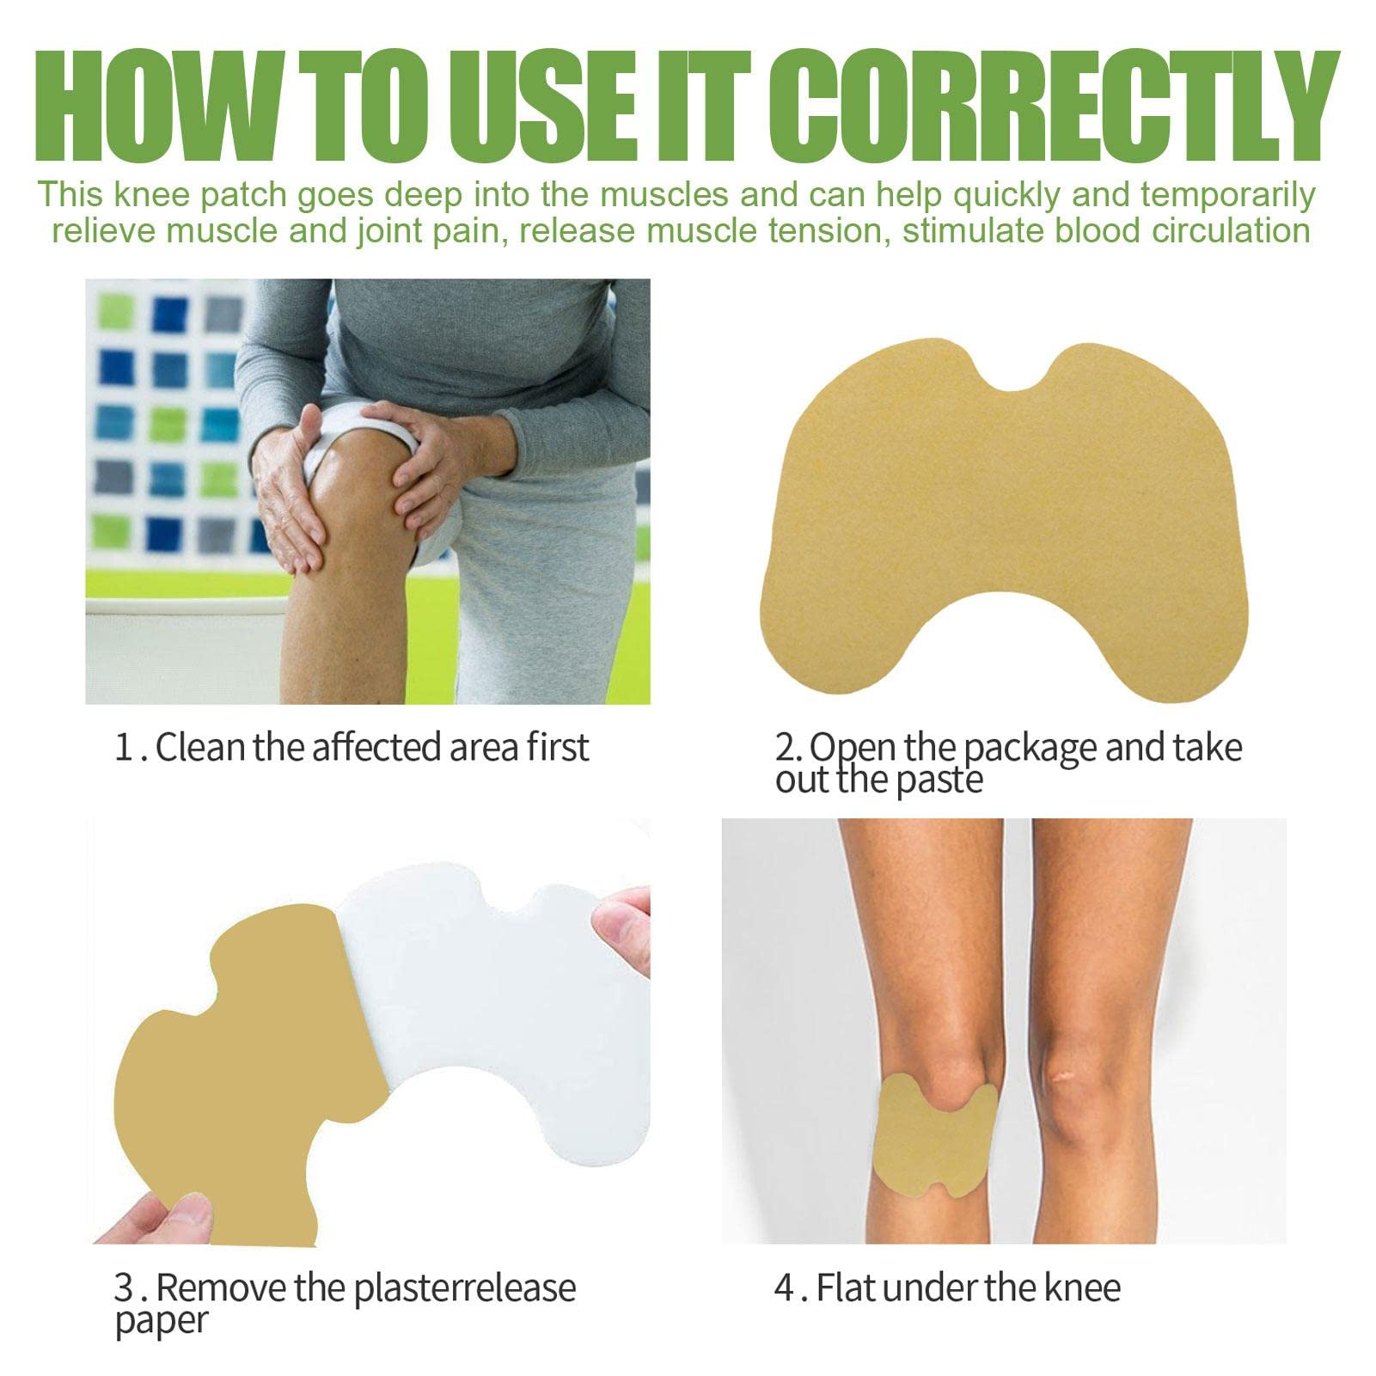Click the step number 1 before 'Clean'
[x=124, y=747]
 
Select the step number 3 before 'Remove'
[x=124, y=1288]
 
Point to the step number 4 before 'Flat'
[x=784, y=1288]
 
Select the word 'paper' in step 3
[x=161, y=1321]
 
